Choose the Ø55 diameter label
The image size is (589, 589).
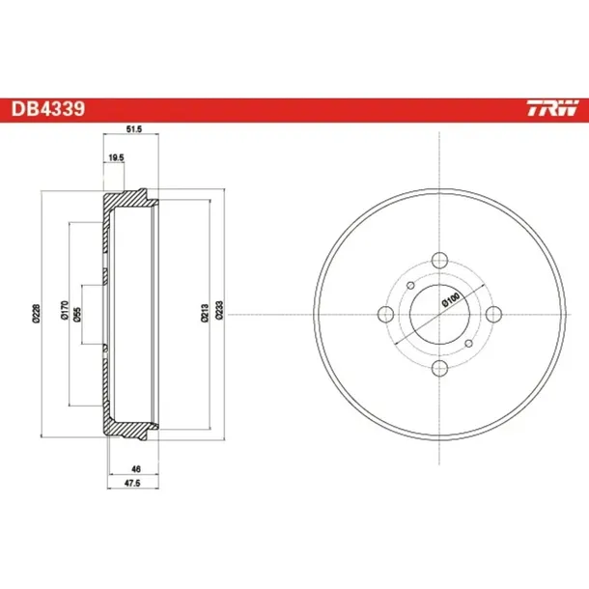[x=77, y=313]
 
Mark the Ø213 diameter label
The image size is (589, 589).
[x=205, y=311]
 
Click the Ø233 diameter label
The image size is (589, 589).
[x=220, y=311]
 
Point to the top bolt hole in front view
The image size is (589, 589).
[x=439, y=259]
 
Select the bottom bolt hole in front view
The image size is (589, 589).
[x=439, y=368]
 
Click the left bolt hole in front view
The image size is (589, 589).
[x=384, y=313]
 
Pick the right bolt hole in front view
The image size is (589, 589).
[x=494, y=313]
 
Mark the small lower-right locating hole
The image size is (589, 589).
[x=468, y=343]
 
